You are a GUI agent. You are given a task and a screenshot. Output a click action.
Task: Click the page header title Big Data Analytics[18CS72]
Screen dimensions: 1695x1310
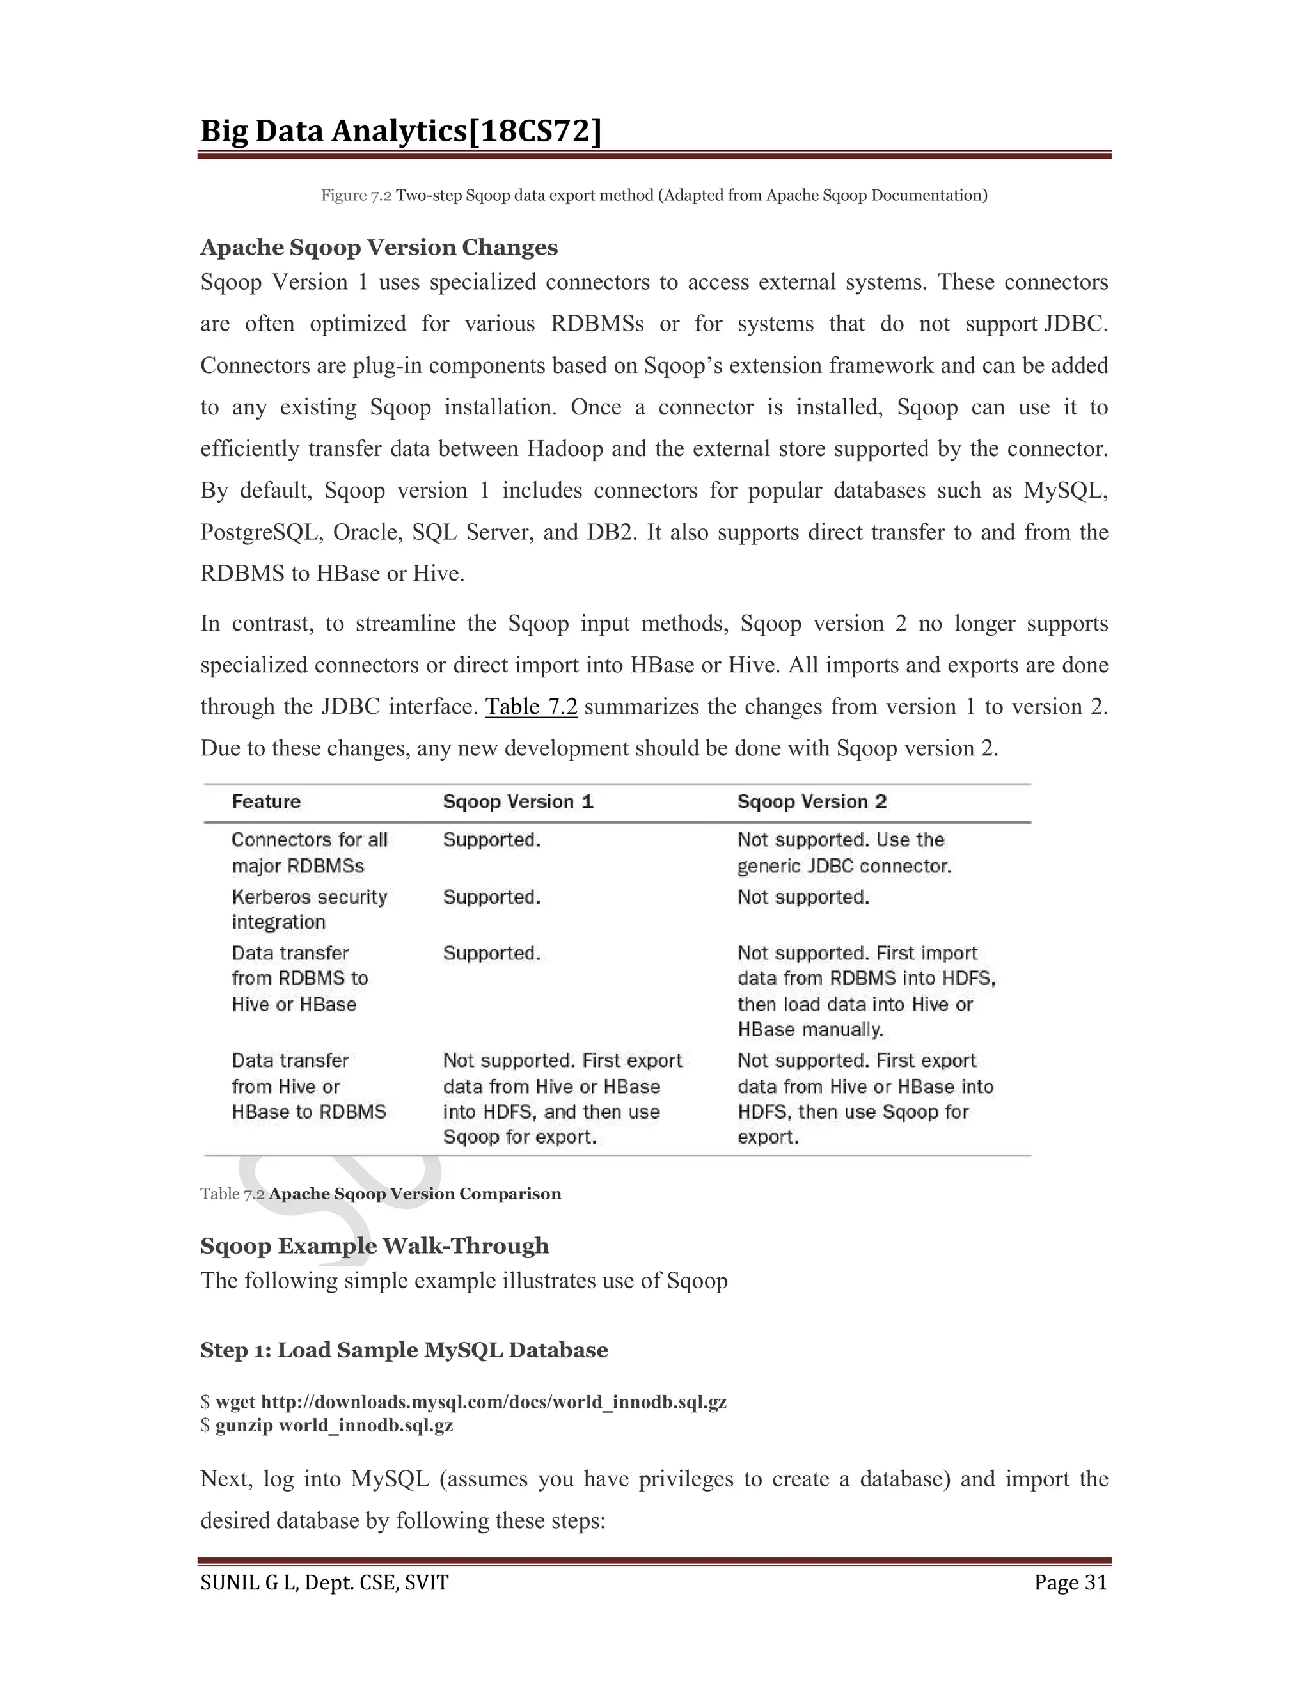(400, 132)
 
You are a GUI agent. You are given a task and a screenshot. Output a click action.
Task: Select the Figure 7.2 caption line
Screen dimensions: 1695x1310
(654, 196)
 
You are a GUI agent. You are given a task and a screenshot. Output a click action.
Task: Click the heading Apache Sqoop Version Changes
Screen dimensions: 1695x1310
(379, 248)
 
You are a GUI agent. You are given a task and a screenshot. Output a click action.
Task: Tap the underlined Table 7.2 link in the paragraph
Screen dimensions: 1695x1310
(531, 707)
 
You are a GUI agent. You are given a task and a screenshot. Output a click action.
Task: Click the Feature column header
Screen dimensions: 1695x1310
(266, 801)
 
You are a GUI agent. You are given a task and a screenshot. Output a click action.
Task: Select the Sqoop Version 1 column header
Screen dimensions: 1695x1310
(517, 801)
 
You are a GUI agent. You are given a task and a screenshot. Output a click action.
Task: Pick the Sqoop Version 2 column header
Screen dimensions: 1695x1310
(811, 801)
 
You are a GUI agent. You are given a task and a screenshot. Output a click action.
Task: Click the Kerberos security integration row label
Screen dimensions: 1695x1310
(309, 909)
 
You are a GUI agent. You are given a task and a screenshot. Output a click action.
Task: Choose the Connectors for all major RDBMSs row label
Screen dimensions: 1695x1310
(309, 852)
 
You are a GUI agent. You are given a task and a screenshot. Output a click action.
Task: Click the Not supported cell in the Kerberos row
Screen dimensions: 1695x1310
(803, 897)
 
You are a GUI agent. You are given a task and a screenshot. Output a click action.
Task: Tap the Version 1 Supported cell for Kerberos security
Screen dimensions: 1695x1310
(491, 897)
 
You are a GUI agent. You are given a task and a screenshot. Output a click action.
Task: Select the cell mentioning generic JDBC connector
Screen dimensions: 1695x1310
(843, 853)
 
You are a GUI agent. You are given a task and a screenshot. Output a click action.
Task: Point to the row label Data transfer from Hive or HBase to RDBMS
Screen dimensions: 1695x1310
(308, 1086)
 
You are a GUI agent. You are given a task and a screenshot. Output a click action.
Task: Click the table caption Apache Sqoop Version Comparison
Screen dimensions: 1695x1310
(414, 1194)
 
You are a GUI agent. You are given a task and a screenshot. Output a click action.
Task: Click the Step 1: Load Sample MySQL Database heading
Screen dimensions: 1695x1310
(404, 1350)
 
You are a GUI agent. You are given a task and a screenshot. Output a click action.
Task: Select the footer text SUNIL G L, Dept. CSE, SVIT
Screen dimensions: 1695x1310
(324, 1583)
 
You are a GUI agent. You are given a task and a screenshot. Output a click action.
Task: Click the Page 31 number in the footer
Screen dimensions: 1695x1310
(1070, 1583)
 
